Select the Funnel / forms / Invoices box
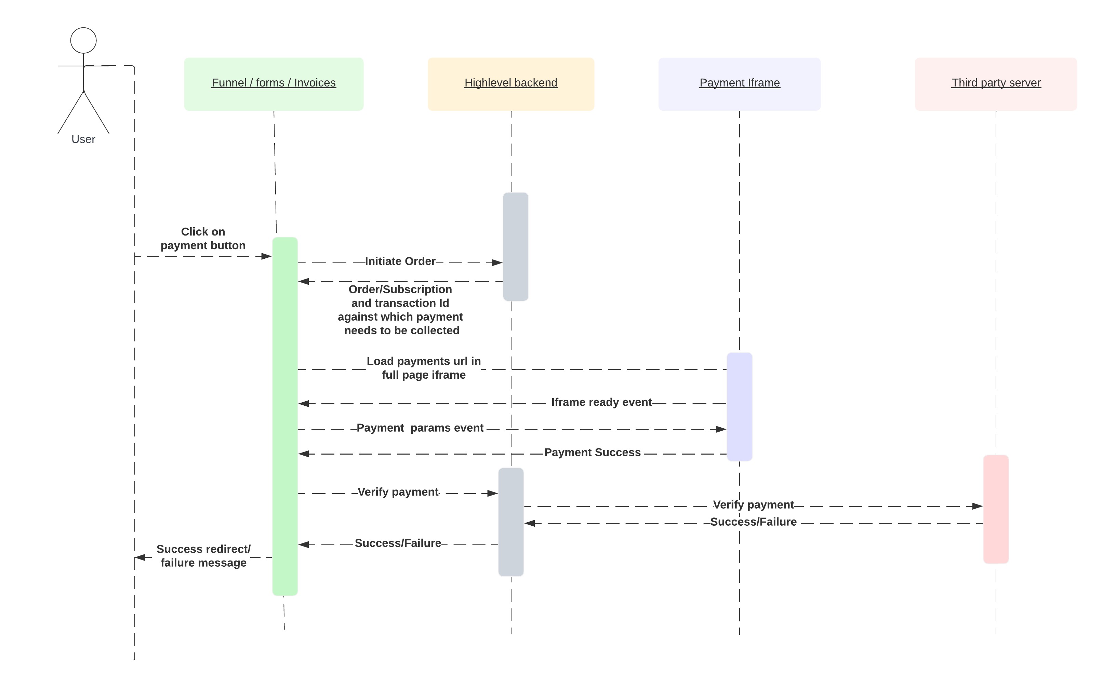[274, 84]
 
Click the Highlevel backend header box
[511, 84]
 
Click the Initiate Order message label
[400, 261]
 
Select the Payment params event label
[420, 428]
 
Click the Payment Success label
[593, 453]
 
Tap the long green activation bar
[285, 416]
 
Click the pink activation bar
[996, 509]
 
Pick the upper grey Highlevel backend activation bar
[515, 247]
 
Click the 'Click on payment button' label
[203, 239]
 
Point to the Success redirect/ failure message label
[203, 556]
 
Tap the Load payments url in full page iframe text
[424, 368]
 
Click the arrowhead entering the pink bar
[978, 506]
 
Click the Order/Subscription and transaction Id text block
[400, 310]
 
